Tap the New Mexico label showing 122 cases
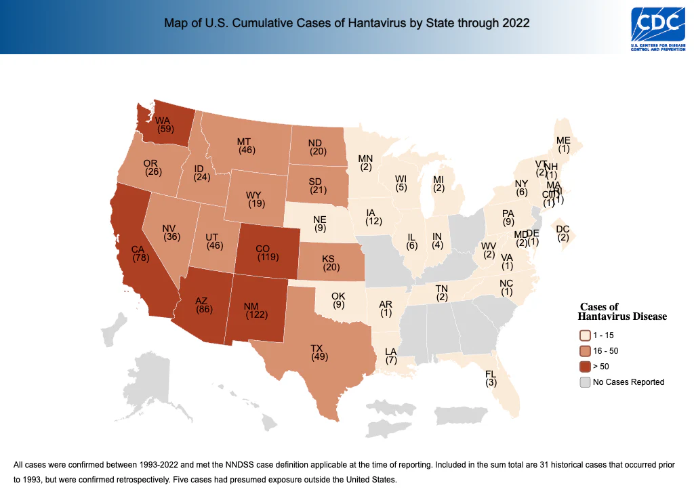(256, 309)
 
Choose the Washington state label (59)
(165, 125)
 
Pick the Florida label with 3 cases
(491, 378)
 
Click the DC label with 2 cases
(563, 232)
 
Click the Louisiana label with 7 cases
(391, 356)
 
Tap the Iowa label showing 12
(373, 217)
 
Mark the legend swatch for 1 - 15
(585, 335)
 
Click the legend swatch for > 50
(585, 367)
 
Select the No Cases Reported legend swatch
(585, 382)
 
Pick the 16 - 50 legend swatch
(585, 351)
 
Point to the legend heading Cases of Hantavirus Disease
(621, 312)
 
